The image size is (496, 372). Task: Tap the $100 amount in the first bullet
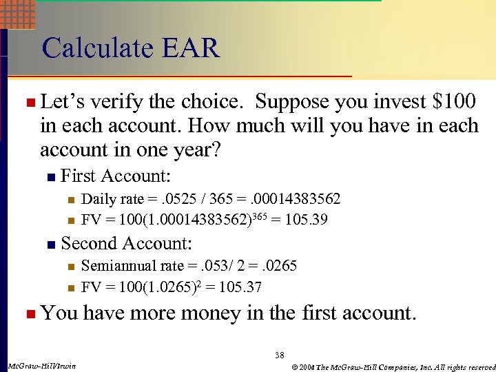click(x=453, y=103)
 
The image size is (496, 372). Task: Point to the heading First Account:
click(x=116, y=176)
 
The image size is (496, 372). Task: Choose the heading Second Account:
click(x=126, y=243)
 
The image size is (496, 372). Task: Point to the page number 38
click(x=279, y=355)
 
